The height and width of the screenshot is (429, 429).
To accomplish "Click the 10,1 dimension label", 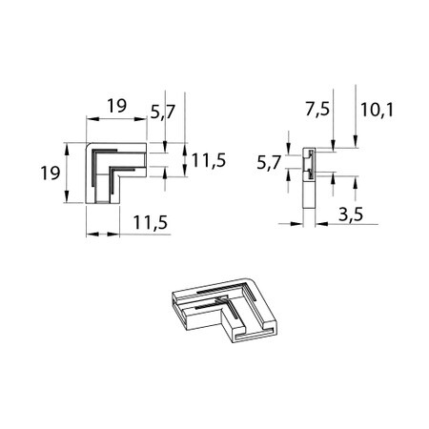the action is pos(377,111).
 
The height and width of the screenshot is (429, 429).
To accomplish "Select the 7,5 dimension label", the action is pos(317,110).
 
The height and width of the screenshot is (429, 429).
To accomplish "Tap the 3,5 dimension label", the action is pos(351,214).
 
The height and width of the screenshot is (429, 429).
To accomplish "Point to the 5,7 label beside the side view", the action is pos(269,163).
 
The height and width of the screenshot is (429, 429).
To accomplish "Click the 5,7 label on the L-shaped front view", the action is pos(163,112).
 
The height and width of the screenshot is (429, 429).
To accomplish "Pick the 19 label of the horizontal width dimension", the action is pos(117,106).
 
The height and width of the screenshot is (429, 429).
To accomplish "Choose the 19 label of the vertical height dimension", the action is pos(51,174).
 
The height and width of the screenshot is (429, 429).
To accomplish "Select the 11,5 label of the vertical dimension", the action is pos(209,160).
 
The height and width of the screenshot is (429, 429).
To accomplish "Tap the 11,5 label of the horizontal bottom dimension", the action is pos(150,222).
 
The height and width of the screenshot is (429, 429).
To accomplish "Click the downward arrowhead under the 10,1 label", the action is pos(356,142).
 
